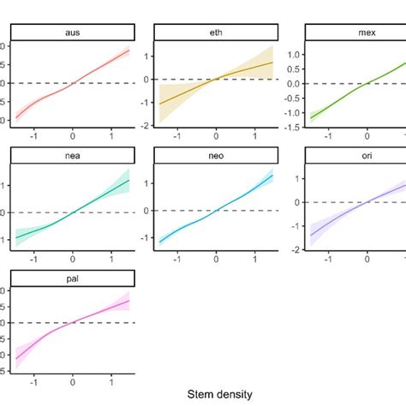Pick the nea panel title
point(72,155)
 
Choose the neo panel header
point(216,155)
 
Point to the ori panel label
point(360,155)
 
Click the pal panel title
point(72,278)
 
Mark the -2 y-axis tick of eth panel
point(147,126)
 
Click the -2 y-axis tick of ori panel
point(292,249)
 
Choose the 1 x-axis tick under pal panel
point(111,381)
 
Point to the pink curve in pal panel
point(94,312)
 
